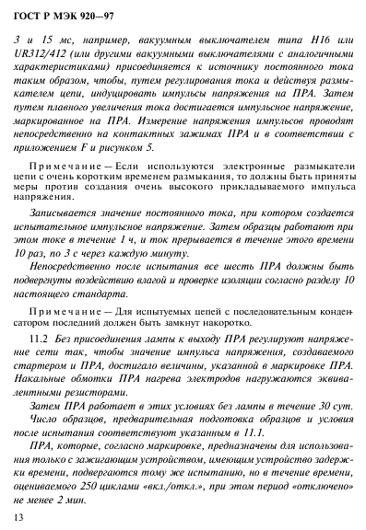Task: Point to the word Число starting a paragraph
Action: click(45, 418)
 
